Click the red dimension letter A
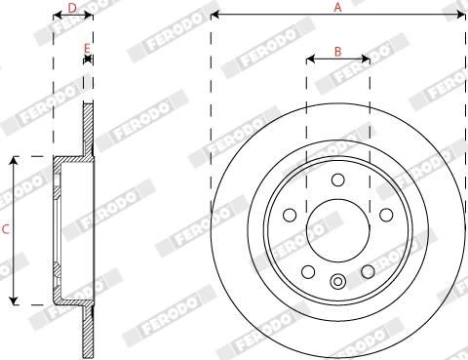click(x=338, y=7)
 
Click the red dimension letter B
click(x=338, y=52)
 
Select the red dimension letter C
click(x=6, y=229)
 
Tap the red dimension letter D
click(x=72, y=8)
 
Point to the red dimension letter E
click(x=87, y=49)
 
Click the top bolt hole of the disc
click(x=338, y=180)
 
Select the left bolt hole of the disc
click(x=290, y=215)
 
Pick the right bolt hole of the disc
click(x=386, y=215)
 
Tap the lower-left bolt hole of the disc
click(x=308, y=271)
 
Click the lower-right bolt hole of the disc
click(x=368, y=271)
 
